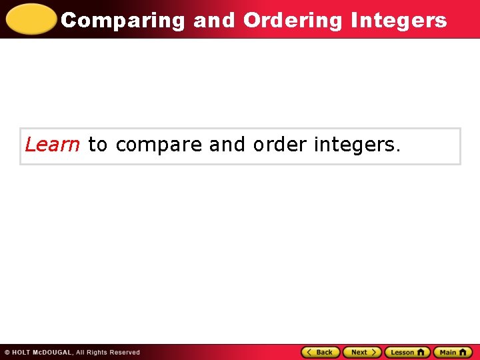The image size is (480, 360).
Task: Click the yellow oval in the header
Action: coord(31,19)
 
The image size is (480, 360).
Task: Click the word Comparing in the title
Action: coord(123,20)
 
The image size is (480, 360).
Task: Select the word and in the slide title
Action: coord(214,20)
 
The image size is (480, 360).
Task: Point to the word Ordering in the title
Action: coord(293,20)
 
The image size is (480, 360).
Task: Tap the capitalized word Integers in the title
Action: coord(398,20)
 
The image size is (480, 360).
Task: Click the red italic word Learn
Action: coord(52,144)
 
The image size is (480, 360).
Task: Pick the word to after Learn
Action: coord(97,144)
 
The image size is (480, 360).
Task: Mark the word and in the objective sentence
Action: coord(227,144)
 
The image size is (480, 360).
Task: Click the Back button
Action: coord(321,352)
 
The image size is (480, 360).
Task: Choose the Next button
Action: coord(362,352)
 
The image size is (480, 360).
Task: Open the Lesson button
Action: coord(407,352)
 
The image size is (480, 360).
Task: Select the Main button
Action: coord(453,352)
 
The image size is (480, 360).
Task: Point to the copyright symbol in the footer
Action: coord(7,353)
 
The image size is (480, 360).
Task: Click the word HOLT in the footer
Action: coord(23,353)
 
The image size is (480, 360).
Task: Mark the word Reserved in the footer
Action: coord(126,353)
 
